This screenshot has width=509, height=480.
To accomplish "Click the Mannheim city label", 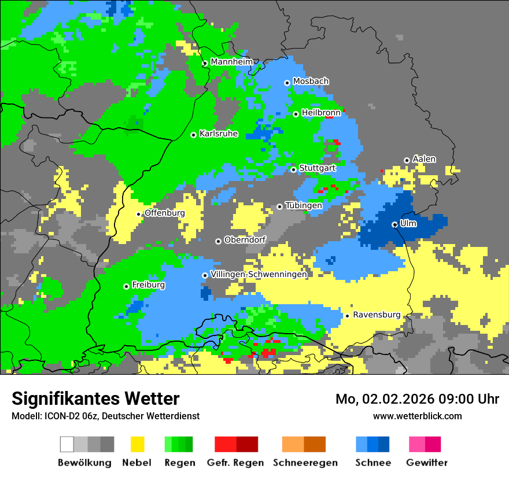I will tap(232, 61).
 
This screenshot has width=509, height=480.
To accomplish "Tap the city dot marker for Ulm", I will tap(394, 224).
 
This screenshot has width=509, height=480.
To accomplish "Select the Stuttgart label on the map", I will tap(318, 168).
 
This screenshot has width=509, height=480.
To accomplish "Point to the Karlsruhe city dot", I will tap(193, 135).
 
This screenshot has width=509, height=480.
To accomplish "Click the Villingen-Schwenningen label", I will tap(259, 274).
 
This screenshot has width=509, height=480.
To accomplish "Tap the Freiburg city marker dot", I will tap(126, 286).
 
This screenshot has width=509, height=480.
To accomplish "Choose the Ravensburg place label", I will tap(377, 315).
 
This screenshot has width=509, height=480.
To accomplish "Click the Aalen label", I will tap(424, 158).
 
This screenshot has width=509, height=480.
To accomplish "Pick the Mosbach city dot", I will tap(287, 83).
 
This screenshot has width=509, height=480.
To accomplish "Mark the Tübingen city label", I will tap(304, 205).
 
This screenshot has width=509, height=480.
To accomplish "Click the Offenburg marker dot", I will tap(139, 214).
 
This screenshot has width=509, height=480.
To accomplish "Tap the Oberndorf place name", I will tap(245, 239).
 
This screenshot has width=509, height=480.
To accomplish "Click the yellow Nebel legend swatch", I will tap(137, 444).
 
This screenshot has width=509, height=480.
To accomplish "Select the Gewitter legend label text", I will tap(427, 463).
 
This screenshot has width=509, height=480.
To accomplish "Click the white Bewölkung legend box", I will tap(67, 444).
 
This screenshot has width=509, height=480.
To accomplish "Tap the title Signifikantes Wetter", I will tap(95, 399).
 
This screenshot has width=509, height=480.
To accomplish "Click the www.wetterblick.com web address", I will tap(417, 416).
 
